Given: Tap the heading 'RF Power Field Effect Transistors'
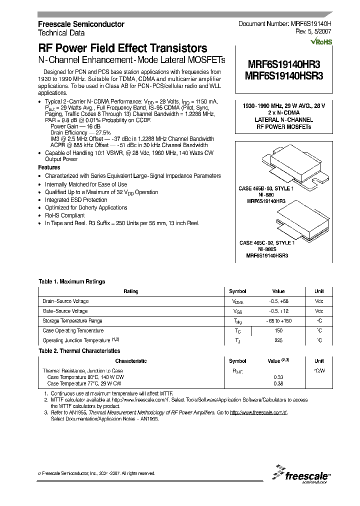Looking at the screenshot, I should (123, 49).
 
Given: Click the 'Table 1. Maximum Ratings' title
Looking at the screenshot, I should (72, 281).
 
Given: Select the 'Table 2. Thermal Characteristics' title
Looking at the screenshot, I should (79, 351).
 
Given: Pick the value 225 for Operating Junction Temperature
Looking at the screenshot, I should (278, 340).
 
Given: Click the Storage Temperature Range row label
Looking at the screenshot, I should (72, 321).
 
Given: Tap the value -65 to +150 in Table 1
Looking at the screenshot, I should (278, 321).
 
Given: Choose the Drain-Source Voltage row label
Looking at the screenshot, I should (65, 301).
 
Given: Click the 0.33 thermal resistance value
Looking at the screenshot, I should (278, 377).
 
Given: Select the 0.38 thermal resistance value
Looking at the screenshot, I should (278, 383).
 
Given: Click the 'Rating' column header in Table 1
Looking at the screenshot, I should (131, 291).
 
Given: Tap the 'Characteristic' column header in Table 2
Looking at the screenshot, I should (131, 361).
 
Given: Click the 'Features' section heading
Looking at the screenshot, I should (49, 167).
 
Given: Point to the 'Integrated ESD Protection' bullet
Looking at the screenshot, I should (76, 200).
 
